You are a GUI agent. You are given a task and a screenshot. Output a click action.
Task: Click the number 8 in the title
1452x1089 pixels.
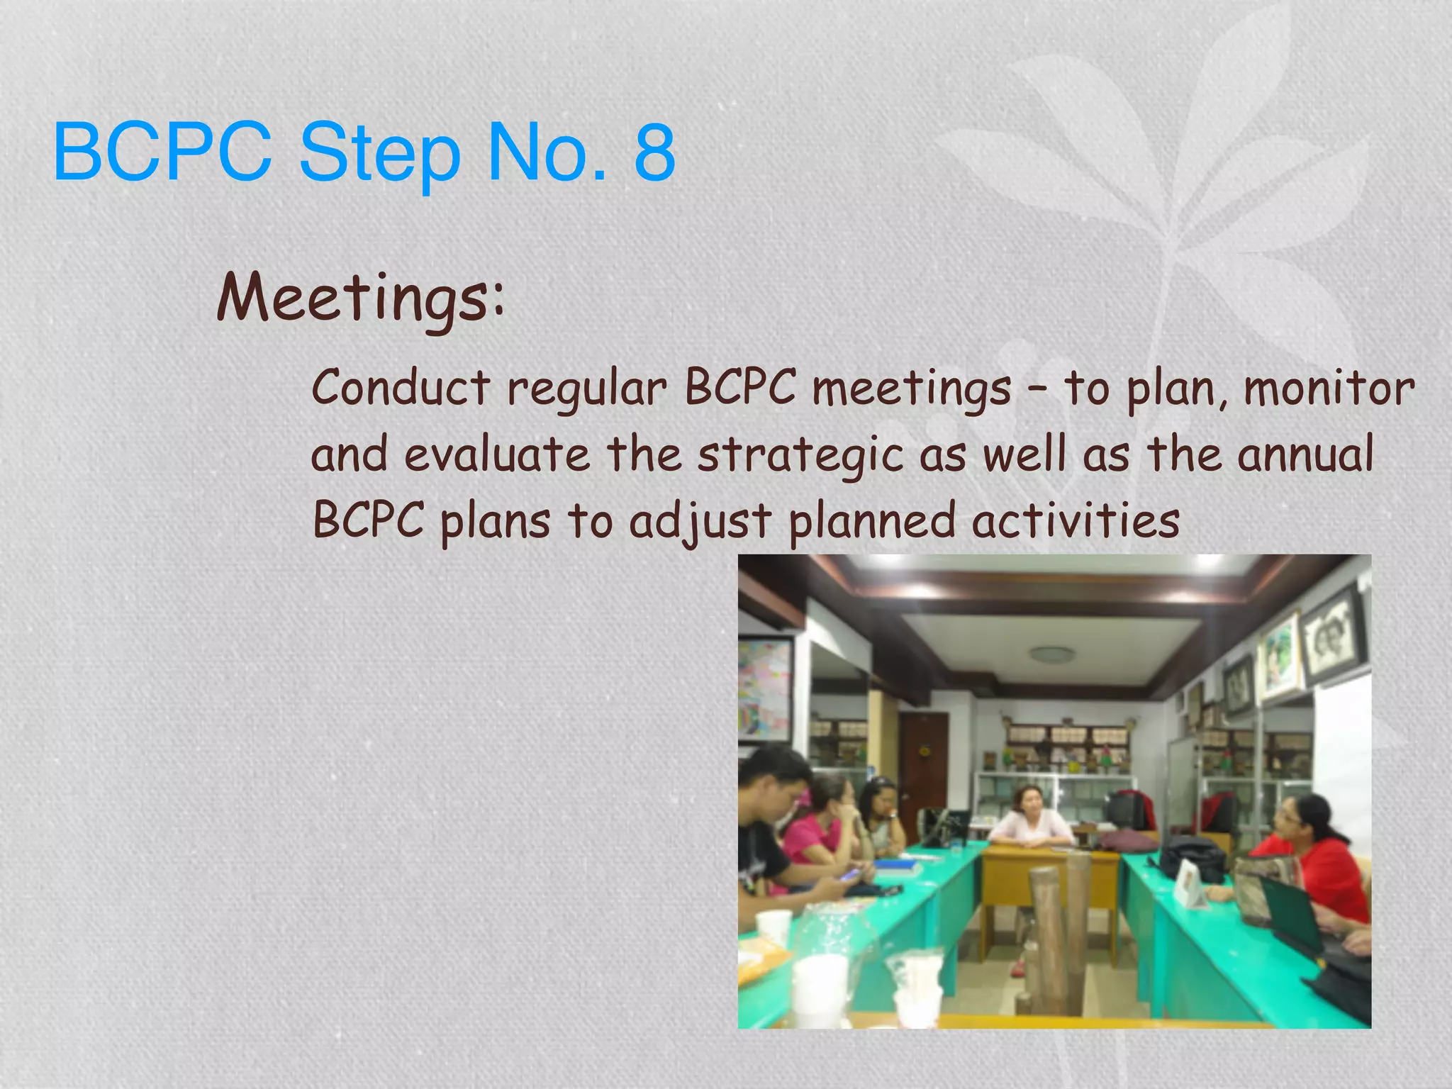tap(654, 151)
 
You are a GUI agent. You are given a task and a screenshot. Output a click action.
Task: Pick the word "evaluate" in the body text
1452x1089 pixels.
tap(497, 454)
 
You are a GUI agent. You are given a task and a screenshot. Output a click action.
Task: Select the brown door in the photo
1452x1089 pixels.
tap(925, 766)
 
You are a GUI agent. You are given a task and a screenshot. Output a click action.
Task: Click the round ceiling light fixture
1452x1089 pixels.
tap(1051, 654)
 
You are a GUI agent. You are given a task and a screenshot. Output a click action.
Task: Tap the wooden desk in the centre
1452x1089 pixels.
tap(1049, 879)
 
